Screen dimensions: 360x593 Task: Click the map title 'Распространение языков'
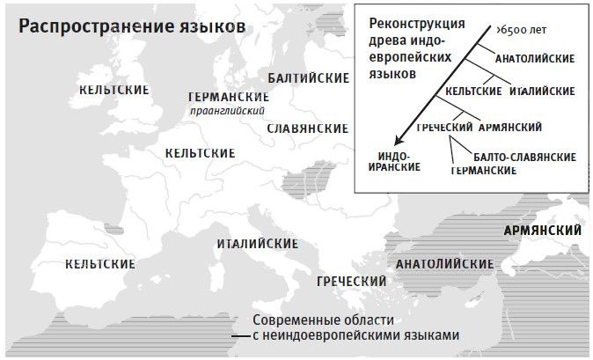(131, 26)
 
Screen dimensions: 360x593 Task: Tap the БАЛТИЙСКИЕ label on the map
(308, 78)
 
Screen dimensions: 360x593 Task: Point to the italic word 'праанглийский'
(227, 111)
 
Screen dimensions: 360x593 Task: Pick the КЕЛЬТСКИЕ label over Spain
(100, 263)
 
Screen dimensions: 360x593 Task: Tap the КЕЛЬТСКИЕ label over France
(200, 154)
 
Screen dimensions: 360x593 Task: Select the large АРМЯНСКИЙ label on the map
(542, 231)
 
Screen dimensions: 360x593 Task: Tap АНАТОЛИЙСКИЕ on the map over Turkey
(444, 263)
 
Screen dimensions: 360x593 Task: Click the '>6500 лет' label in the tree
(521, 30)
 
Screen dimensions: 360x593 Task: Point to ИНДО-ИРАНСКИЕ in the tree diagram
(392, 161)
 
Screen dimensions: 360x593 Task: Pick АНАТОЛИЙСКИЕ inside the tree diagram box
(535, 59)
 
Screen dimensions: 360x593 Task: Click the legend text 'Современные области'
(323, 320)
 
